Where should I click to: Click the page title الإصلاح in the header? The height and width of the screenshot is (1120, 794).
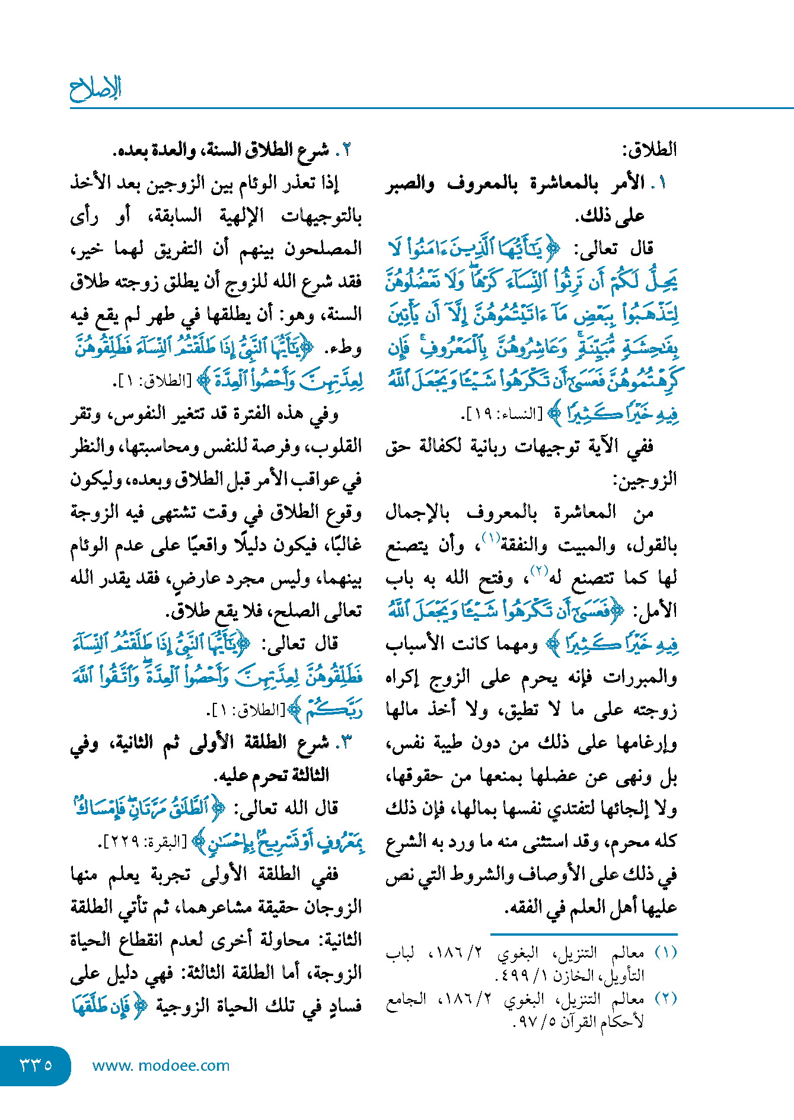pos(95,89)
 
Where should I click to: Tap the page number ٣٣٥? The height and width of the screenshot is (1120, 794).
pos(36,1065)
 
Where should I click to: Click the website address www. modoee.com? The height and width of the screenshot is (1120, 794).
pos(161,1065)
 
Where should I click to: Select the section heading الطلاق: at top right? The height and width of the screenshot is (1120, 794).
pos(649,150)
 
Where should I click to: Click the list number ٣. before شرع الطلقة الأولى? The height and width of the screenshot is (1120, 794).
pos(345,742)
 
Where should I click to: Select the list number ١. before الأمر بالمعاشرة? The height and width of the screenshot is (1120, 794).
pos(659,183)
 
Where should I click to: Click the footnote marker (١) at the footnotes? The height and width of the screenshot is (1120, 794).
pos(665,953)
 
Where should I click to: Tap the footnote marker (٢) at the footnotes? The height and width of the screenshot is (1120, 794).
pos(665,999)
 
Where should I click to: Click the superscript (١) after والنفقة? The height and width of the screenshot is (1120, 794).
pos(490,538)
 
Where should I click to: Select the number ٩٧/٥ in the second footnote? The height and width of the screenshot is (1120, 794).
pos(532,1021)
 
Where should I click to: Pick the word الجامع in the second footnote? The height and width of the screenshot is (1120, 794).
pos(406,999)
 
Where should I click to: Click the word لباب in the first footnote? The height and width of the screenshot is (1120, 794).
pos(400,953)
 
